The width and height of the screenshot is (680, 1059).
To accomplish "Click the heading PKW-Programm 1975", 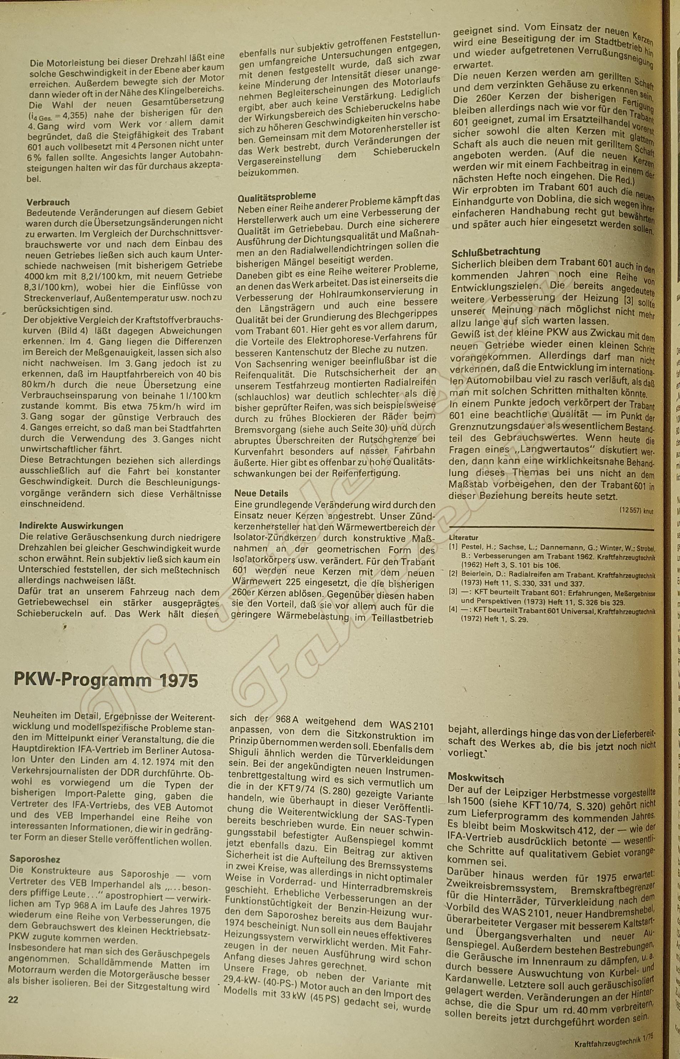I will tap(106, 680).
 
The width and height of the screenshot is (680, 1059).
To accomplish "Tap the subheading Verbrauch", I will tap(48, 202).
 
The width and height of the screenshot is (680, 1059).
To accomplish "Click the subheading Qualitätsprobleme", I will tap(277, 196).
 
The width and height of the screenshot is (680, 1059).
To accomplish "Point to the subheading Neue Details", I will tap(261, 493).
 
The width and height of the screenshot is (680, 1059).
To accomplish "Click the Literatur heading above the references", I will tap(464, 538).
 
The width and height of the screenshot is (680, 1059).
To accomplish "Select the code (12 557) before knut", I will tap(630, 510).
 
